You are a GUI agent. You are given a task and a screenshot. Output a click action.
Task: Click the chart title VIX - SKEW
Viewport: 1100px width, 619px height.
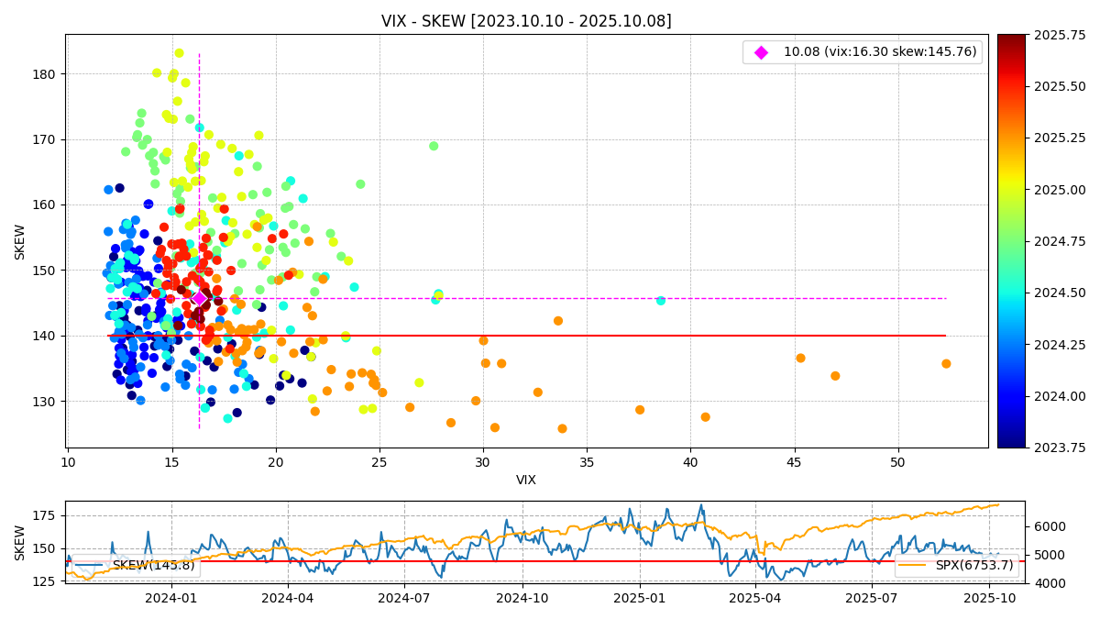(x=526, y=21)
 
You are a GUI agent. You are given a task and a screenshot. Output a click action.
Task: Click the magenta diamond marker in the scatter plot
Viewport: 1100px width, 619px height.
(x=199, y=298)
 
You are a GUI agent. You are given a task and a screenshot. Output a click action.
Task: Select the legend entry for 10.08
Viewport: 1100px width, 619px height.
(x=879, y=52)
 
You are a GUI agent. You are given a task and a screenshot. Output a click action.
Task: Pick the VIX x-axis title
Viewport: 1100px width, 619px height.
(x=526, y=480)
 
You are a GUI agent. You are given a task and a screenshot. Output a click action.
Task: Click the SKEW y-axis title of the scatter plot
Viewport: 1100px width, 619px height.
(x=20, y=241)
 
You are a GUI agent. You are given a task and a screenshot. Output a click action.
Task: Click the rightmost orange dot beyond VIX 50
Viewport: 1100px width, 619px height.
(x=946, y=364)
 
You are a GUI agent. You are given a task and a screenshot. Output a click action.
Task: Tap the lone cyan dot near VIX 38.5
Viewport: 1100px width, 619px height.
(x=661, y=301)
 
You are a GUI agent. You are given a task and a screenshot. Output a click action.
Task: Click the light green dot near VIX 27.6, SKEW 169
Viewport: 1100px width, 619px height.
(x=434, y=146)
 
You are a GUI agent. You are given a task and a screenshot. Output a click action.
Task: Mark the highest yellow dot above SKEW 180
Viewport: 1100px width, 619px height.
(x=180, y=53)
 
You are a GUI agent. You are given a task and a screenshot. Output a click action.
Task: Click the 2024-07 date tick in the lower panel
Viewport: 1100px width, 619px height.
(x=404, y=599)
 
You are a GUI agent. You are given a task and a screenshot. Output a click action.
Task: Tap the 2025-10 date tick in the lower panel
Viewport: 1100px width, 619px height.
(x=990, y=599)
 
